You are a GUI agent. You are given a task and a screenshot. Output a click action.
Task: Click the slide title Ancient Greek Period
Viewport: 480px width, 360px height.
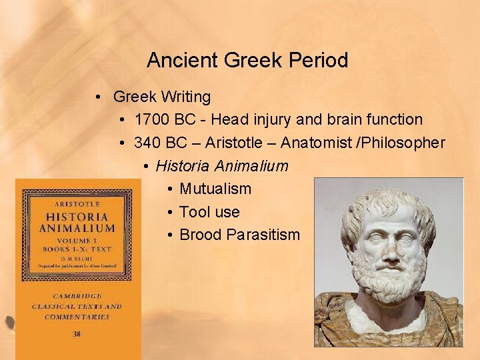pos(247,61)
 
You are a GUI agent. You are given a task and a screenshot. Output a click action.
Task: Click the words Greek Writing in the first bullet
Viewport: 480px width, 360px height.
pos(162,97)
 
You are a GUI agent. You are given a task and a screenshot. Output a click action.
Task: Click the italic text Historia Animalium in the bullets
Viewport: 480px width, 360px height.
pos(222,166)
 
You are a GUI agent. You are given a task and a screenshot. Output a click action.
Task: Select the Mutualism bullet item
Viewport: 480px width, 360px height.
pos(215,189)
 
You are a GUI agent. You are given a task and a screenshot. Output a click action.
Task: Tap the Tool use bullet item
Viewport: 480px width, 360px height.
pos(209,212)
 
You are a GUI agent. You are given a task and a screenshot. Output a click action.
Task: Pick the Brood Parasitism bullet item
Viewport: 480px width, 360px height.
pos(240,235)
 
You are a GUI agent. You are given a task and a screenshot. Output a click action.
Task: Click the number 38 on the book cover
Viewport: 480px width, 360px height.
pos(77,333)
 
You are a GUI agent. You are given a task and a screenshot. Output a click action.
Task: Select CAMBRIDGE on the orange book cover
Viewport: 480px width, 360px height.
pos(77,295)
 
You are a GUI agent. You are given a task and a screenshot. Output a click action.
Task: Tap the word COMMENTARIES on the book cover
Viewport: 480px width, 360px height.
pos(77,317)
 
